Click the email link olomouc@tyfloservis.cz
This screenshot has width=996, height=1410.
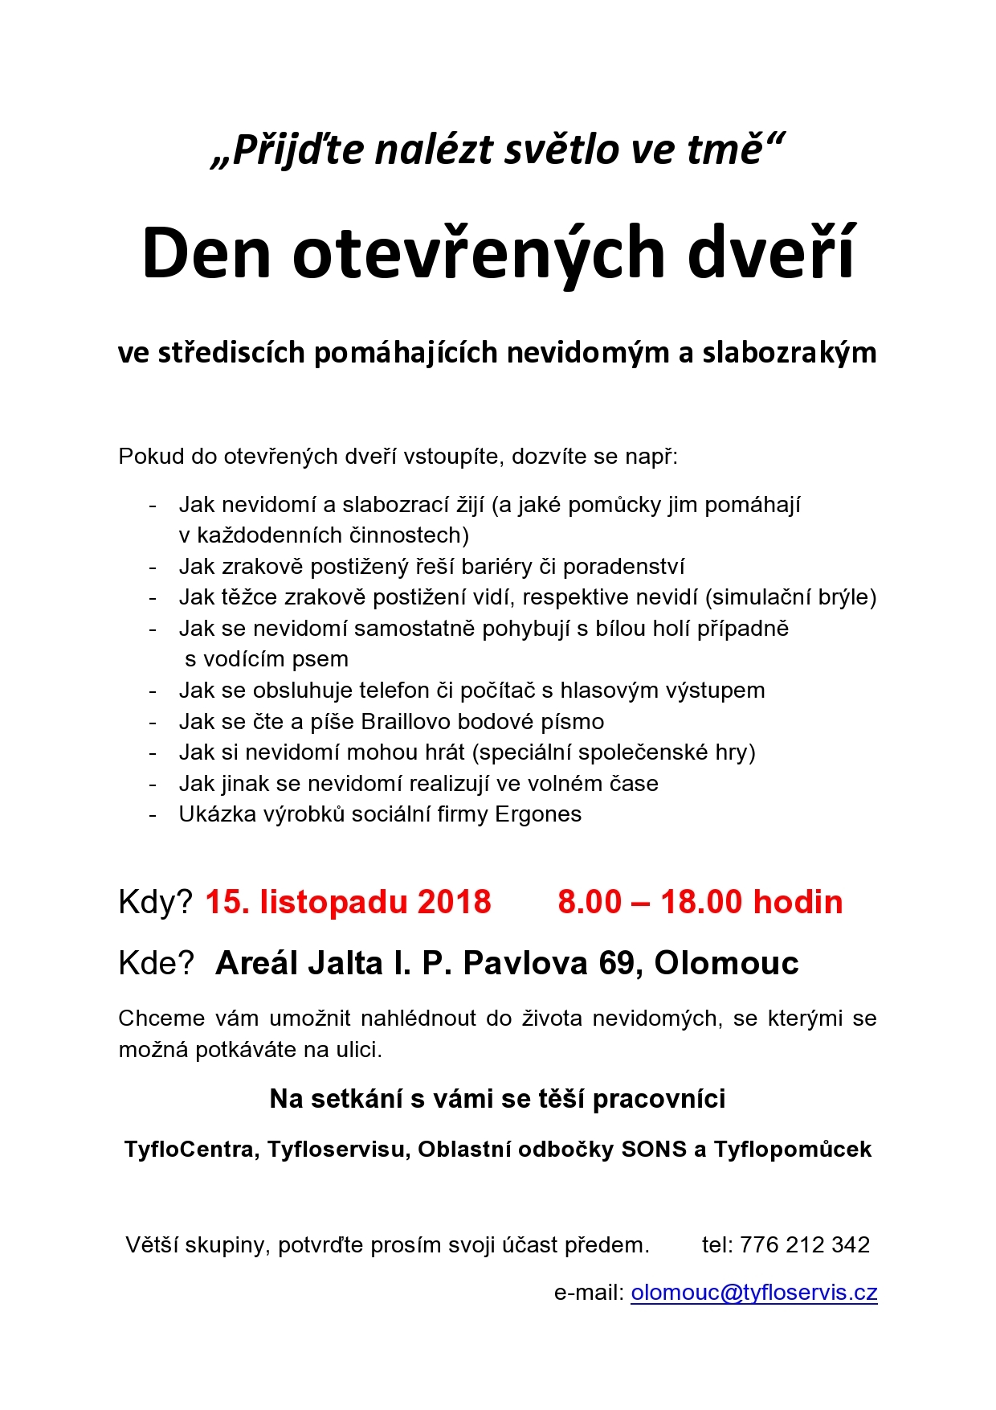[753, 1292]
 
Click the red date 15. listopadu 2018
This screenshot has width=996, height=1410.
[348, 902]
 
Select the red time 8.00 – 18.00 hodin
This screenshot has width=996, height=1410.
[700, 902]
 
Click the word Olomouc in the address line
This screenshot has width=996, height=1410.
[726, 963]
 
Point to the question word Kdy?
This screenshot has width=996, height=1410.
[155, 902]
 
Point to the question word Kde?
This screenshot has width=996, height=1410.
[156, 963]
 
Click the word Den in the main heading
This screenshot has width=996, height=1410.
[206, 253]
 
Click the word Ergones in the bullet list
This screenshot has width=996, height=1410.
[538, 814]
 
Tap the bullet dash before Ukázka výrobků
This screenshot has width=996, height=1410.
[153, 815]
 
